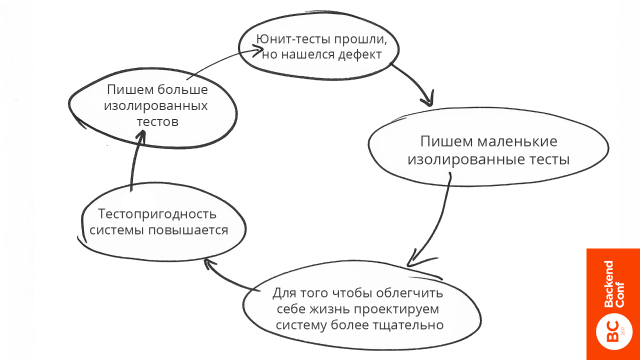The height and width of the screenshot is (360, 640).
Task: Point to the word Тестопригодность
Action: click(160, 213)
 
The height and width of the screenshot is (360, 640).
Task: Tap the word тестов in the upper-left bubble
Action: click(157, 122)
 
